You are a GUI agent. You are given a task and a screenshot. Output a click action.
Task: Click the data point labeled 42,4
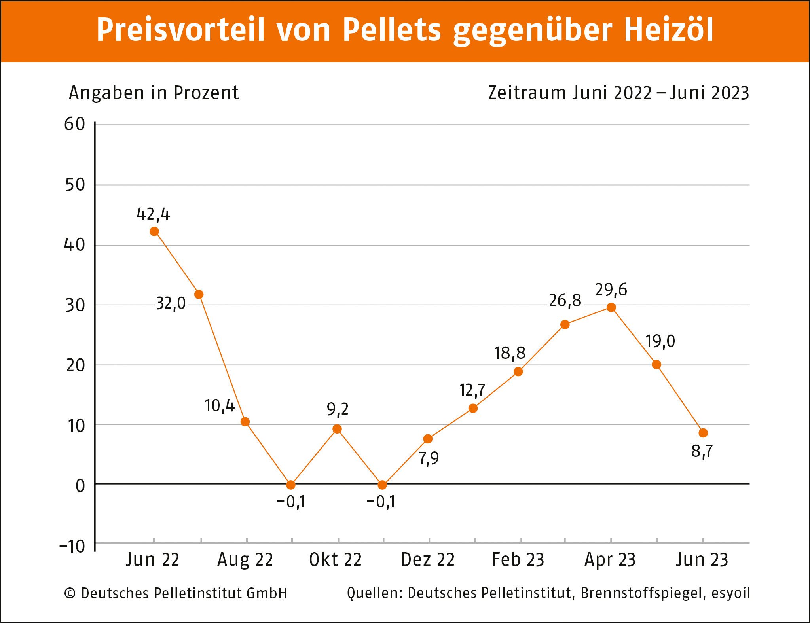(154, 231)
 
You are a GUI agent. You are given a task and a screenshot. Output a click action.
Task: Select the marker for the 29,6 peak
(611, 307)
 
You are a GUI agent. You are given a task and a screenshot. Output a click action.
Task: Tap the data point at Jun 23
(703, 433)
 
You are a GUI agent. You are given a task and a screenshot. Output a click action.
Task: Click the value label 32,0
(171, 304)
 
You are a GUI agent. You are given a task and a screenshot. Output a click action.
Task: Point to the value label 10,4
(220, 406)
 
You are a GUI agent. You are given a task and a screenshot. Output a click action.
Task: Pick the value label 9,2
(338, 409)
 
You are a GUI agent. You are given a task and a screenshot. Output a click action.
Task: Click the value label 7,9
(429, 458)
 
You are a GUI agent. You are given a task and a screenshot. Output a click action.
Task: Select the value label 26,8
(565, 301)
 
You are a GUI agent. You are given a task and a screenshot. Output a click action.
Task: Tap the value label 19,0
(660, 341)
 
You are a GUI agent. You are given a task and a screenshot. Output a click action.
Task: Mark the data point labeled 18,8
(518, 371)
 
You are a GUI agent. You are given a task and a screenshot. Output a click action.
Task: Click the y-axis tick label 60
(75, 125)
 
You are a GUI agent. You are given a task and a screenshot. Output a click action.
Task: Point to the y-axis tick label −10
(72, 547)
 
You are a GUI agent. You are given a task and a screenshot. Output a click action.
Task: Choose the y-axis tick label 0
(80, 486)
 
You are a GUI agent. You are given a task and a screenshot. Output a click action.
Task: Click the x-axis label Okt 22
(335, 560)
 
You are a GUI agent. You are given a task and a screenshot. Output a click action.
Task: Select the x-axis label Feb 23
(518, 560)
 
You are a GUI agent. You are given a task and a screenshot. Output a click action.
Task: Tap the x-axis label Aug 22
(245, 560)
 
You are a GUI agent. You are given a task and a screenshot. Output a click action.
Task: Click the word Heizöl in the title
(669, 30)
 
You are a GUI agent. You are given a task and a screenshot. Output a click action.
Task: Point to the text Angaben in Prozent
(154, 93)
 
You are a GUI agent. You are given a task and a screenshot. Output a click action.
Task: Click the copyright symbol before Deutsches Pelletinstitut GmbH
(70, 593)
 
